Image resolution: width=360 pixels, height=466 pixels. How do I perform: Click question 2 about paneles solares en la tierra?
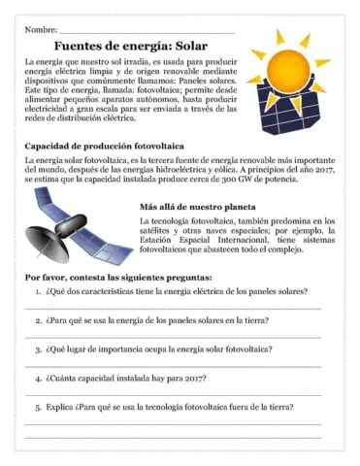click(x=158, y=319)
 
